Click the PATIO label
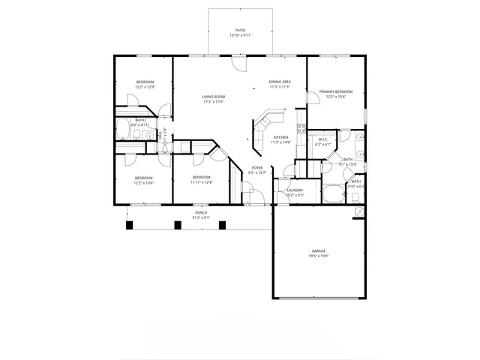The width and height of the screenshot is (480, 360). coord(240,31)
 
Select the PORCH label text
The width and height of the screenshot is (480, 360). coord(201,212)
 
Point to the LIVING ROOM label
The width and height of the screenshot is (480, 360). coord(214,97)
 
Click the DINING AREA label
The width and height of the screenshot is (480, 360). coord(280,81)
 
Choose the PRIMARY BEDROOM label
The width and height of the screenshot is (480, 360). coord(336,91)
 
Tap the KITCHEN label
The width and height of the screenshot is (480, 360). coord(280,137)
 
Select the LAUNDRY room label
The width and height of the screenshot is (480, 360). coord(295,190)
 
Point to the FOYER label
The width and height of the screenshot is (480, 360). coord(256,168)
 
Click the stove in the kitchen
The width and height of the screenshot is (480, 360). coord(301,128)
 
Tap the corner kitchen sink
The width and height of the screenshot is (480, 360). coord(267,118)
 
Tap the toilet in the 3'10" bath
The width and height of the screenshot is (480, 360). coord(354,196)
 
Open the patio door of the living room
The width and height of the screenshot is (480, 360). coord(238,64)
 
